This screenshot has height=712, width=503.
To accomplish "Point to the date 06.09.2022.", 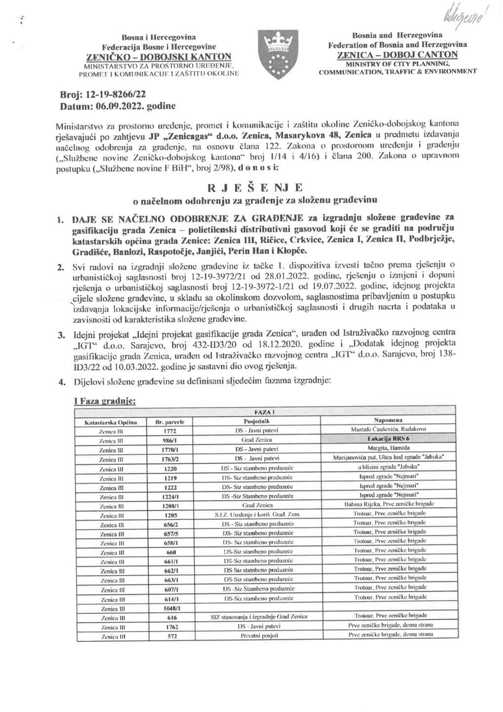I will coord(119,106).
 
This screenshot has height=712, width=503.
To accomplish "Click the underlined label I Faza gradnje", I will coord(104,402).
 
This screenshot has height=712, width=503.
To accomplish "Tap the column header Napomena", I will coord(390,420).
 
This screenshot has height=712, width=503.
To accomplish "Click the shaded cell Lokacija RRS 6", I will coord(390,439).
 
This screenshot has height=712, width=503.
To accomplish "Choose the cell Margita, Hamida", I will coord(390,447).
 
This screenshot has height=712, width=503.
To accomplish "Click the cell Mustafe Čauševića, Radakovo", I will coord(390,430).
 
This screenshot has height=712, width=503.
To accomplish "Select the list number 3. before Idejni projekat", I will coord(61,335).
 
